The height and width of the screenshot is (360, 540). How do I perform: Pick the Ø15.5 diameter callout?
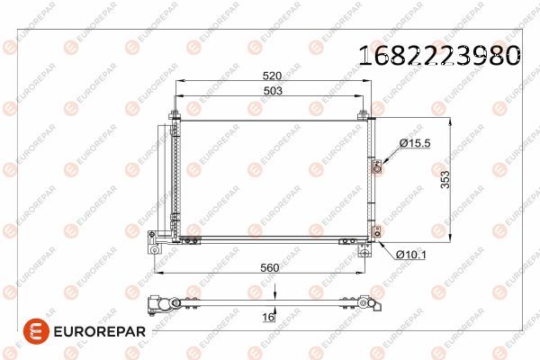click(x=416, y=143)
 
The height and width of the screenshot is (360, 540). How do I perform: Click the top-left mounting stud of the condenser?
click(x=175, y=115)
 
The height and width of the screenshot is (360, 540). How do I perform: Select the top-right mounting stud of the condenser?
click(x=363, y=115)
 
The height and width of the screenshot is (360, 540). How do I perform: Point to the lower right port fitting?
click(x=376, y=231)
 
